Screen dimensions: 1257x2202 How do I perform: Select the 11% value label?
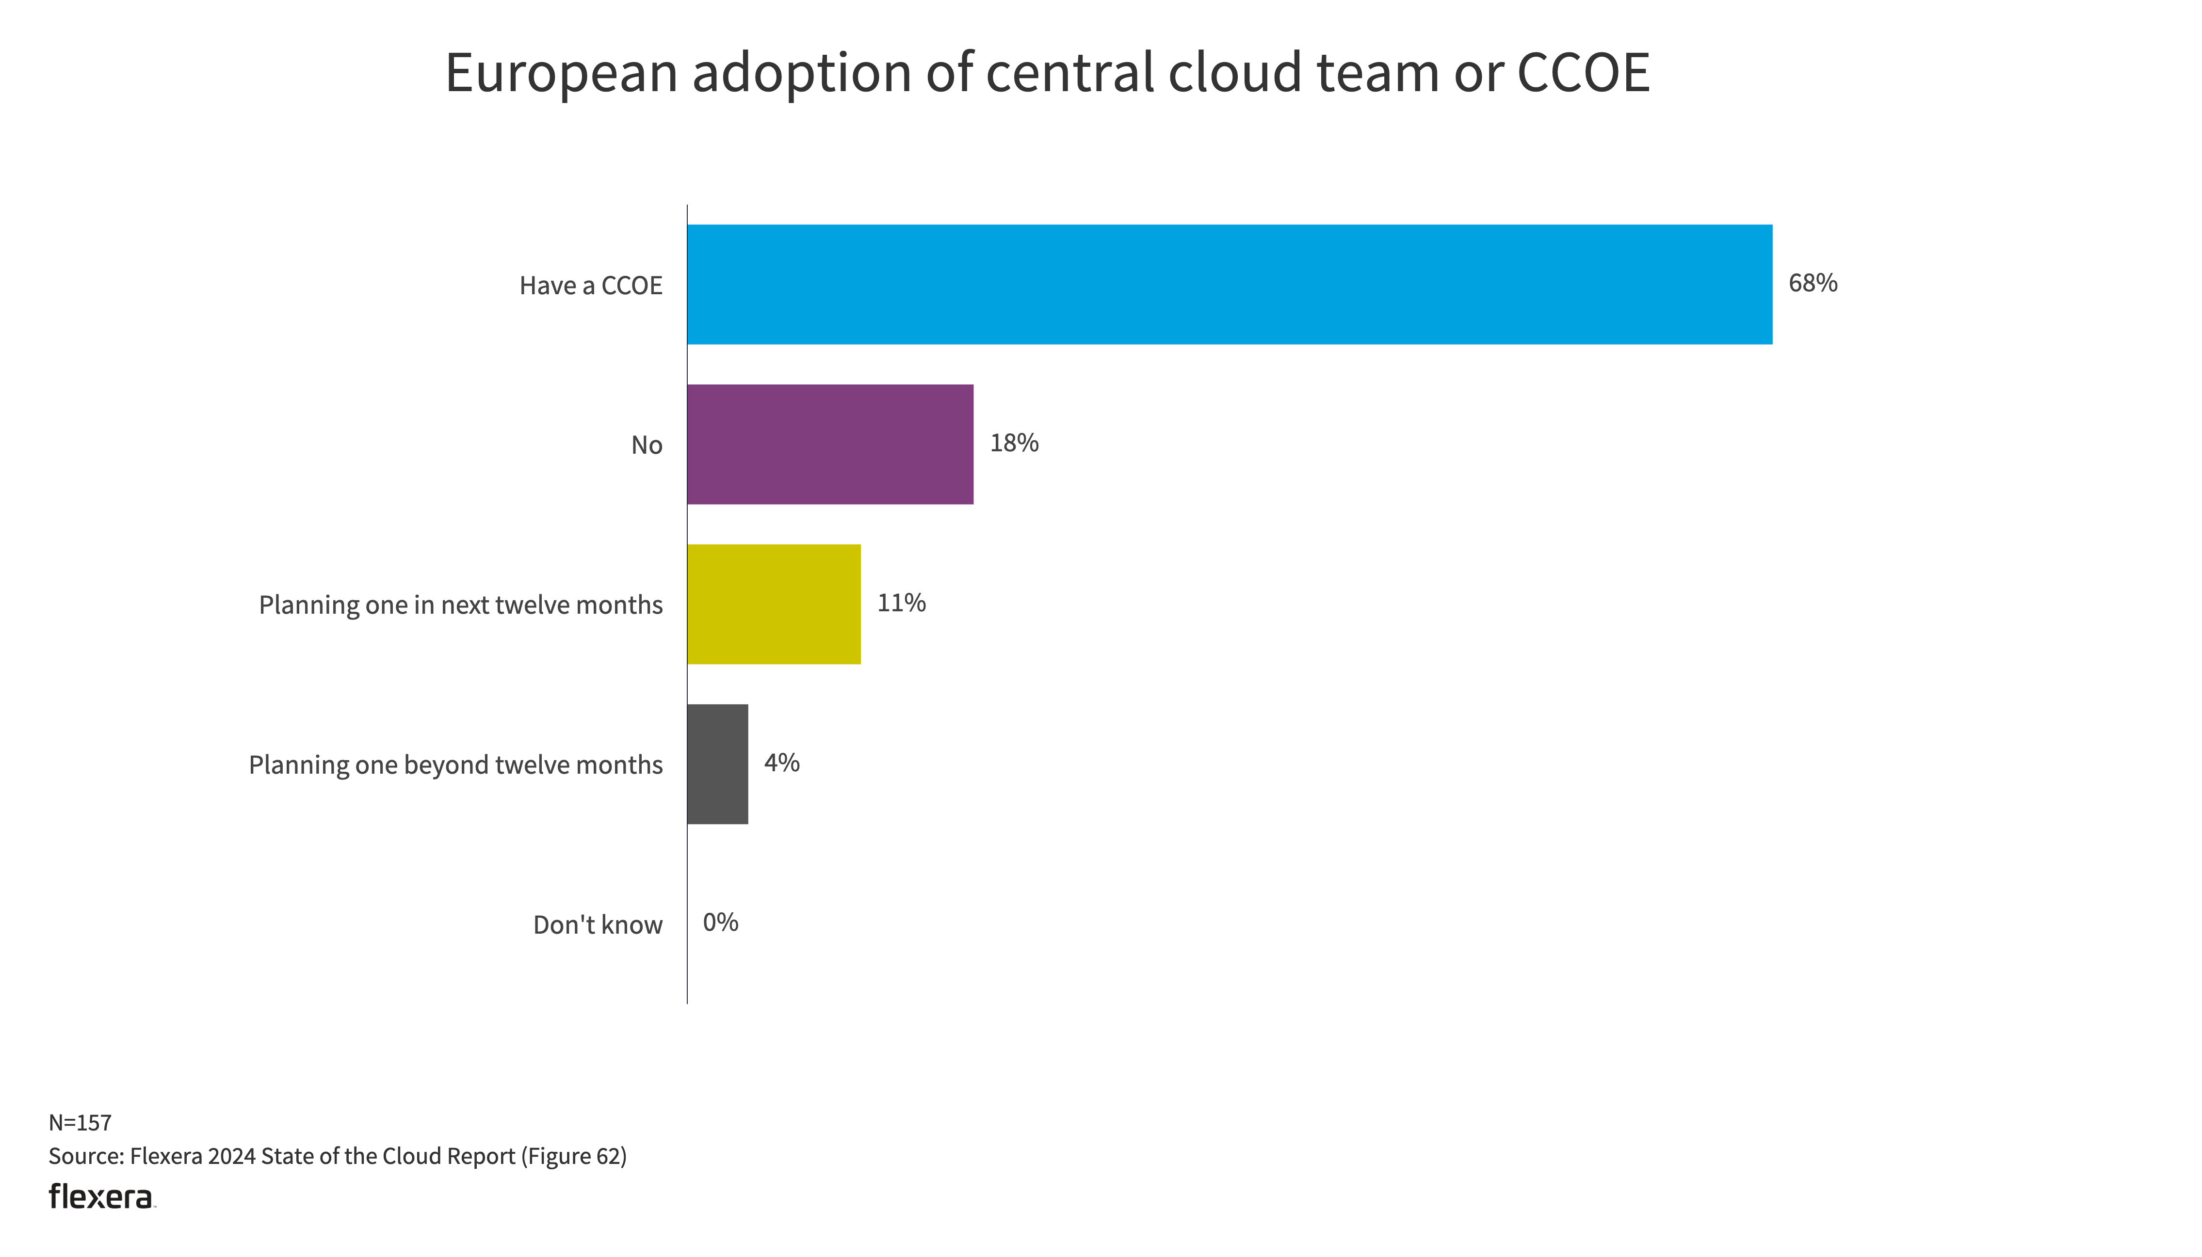901,603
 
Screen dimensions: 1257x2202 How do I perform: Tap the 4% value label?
781,763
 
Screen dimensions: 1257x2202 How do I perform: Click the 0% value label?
720,922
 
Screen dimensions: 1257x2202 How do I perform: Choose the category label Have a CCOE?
591,286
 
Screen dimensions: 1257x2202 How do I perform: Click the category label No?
647,446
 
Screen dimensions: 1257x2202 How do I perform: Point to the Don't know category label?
598,924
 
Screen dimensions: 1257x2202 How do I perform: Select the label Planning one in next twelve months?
460,605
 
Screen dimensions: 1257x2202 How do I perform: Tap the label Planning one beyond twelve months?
455,765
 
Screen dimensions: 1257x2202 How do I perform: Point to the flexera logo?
101,1196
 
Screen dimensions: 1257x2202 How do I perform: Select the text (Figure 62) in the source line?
573,1156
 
